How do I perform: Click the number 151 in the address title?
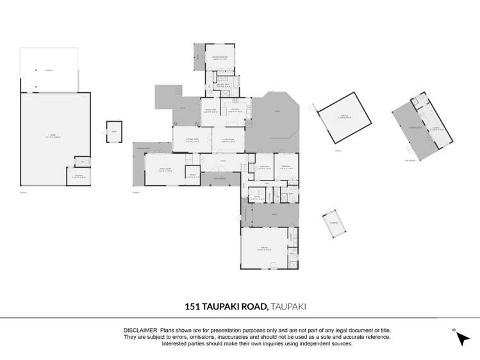coord(192,307)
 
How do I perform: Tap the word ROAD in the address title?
coord(252,307)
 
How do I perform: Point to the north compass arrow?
coord(460,338)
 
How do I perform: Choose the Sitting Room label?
coord(192,139)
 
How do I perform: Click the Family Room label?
coord(165,170)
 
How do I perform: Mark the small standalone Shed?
coord(114,131)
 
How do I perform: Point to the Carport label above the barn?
coord(49,70)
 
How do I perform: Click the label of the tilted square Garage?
coord(344,117)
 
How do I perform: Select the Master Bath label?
coord(224,85)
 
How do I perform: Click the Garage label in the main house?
coord(264,248)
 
